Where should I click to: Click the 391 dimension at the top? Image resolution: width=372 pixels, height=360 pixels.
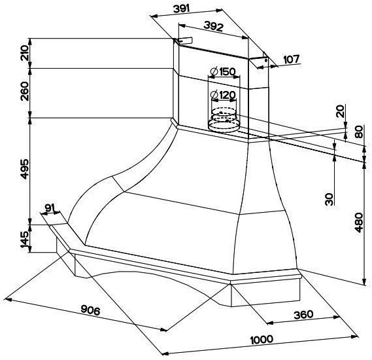(x=182, y=9)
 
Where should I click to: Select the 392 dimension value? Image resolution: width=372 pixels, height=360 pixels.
(x=213, y=26)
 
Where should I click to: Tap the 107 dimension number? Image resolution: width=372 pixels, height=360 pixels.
(x=292, y=59)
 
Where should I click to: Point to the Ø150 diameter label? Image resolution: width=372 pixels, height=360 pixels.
(x=223, y=71)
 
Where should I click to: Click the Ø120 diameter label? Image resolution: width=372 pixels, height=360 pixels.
(x=223, y=95)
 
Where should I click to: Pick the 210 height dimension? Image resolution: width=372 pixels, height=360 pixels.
(x=24, y=53)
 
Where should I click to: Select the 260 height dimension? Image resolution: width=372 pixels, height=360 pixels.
(x=24, y=91)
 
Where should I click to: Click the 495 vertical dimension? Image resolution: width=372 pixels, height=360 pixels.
(x=24, y=169)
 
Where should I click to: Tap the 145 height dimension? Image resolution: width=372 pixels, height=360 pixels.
(x=24, y=240)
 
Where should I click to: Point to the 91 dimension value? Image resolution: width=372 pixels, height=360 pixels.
(x=50, y=207)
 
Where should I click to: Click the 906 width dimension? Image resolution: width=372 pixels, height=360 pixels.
(x=90, y=310)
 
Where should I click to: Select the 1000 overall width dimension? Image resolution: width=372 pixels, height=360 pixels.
(x=262, y=340)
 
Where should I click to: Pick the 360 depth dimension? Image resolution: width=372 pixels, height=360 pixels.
(x=303, y=315)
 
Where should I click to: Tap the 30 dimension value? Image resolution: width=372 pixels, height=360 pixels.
(x=330, y=199)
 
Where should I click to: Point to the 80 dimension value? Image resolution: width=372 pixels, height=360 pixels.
(x=359, y=132)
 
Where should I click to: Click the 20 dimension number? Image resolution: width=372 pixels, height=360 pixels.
(x=341, y=111)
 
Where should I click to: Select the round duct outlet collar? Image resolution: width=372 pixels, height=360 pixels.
(x=223, y=120)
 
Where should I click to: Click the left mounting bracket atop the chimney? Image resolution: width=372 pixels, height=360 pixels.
(x=183, y=41)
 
